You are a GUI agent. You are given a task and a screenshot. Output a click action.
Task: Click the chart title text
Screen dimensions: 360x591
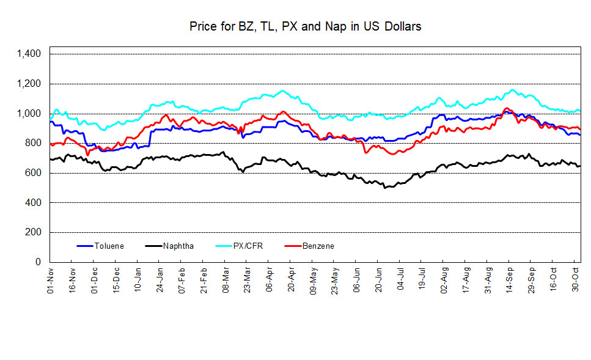click(305, 26)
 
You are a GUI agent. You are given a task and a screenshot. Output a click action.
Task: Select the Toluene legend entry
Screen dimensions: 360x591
click(109, 246)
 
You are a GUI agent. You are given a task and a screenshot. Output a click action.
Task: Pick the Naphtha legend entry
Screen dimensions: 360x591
click(178, 246)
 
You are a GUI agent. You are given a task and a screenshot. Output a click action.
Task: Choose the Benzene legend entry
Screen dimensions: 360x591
click(318, 246)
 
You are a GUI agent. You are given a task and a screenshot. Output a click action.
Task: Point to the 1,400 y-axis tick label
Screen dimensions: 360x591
click(29, 54)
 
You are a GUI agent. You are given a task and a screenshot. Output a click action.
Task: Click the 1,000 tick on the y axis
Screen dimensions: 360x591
click(29, 114)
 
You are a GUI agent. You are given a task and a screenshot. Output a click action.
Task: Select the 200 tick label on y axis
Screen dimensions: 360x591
click(34, 232)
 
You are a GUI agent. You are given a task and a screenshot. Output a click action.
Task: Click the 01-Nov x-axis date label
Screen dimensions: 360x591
click(51, 281)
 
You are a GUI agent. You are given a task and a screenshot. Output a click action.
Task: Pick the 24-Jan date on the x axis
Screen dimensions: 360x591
click(160, 281)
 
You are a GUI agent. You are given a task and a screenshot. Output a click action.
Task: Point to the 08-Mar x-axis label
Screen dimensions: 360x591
click(226, 281)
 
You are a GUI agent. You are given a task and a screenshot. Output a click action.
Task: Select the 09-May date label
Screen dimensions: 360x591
click(313, 281)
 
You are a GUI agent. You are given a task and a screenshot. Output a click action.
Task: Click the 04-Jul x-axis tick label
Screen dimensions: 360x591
click(400, 281)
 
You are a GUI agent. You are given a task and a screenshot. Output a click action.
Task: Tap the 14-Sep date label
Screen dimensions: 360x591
click(509, 281)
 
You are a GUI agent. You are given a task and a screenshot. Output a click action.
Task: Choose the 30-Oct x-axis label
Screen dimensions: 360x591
click(574, 281)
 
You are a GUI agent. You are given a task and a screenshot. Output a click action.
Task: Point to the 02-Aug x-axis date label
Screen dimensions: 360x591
click(444, 281)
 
